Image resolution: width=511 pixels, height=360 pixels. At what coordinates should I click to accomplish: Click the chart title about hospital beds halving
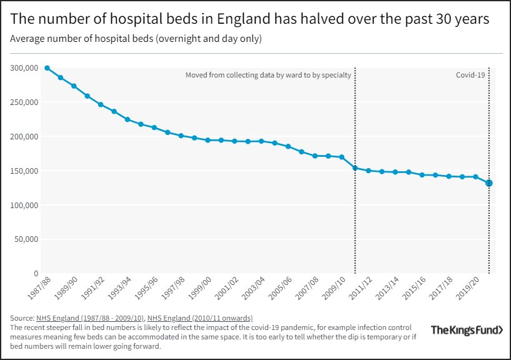pos(249,19)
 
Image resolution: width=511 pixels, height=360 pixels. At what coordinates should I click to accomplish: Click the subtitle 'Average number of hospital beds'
pos(136,39)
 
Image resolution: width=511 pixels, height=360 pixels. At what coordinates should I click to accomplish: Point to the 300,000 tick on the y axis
pos(23,67)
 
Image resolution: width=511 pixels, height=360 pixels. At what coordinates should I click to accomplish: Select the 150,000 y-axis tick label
pos(23,171)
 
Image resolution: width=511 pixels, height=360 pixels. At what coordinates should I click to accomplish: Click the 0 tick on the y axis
pos(36,274)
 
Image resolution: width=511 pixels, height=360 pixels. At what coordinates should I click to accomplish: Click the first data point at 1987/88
pos(47,67)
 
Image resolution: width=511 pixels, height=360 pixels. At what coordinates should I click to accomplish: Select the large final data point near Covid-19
pos(489,183)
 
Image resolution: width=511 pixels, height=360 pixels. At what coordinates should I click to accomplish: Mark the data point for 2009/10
pos(342,157)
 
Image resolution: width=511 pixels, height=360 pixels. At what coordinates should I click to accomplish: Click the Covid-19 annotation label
pos(470,75)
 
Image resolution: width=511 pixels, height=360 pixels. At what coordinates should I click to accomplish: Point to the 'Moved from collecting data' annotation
pos(269,75)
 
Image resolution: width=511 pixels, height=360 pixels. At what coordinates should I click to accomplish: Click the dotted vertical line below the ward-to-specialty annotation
pos(355,219)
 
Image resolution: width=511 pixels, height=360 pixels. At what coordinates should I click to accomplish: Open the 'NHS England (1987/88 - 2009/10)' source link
pos(90,318)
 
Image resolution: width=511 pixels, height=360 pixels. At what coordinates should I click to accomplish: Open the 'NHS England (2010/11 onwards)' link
pos(200,318)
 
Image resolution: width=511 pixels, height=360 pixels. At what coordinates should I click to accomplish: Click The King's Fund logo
pos(466,329)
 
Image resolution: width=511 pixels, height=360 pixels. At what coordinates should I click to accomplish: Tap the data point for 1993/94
pos(127,119)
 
